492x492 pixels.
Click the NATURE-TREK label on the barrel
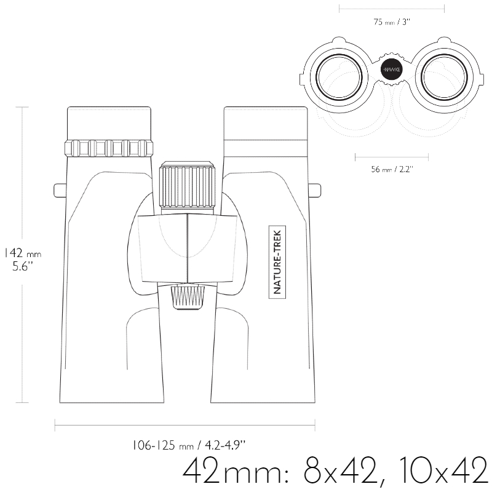pyautogui.click(x=277, y=262)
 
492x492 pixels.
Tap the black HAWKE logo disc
pyautogui.click(x=392, y=69)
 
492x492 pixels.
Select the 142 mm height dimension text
pyautogui.click(x=22, y=253)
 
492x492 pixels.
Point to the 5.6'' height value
pyautogui.click(x=23, y=266)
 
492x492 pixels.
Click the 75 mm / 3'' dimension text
pyautogui.click(x=392, y=22)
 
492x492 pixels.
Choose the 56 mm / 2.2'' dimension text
pyautogui.click(x=392, y=170)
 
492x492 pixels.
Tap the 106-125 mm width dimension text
pyautogui.click(x=188, y=445)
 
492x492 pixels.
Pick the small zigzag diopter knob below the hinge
pyautogui.click(x=188, y=297)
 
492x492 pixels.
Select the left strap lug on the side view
pyautogui.click(x=60, y=191)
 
